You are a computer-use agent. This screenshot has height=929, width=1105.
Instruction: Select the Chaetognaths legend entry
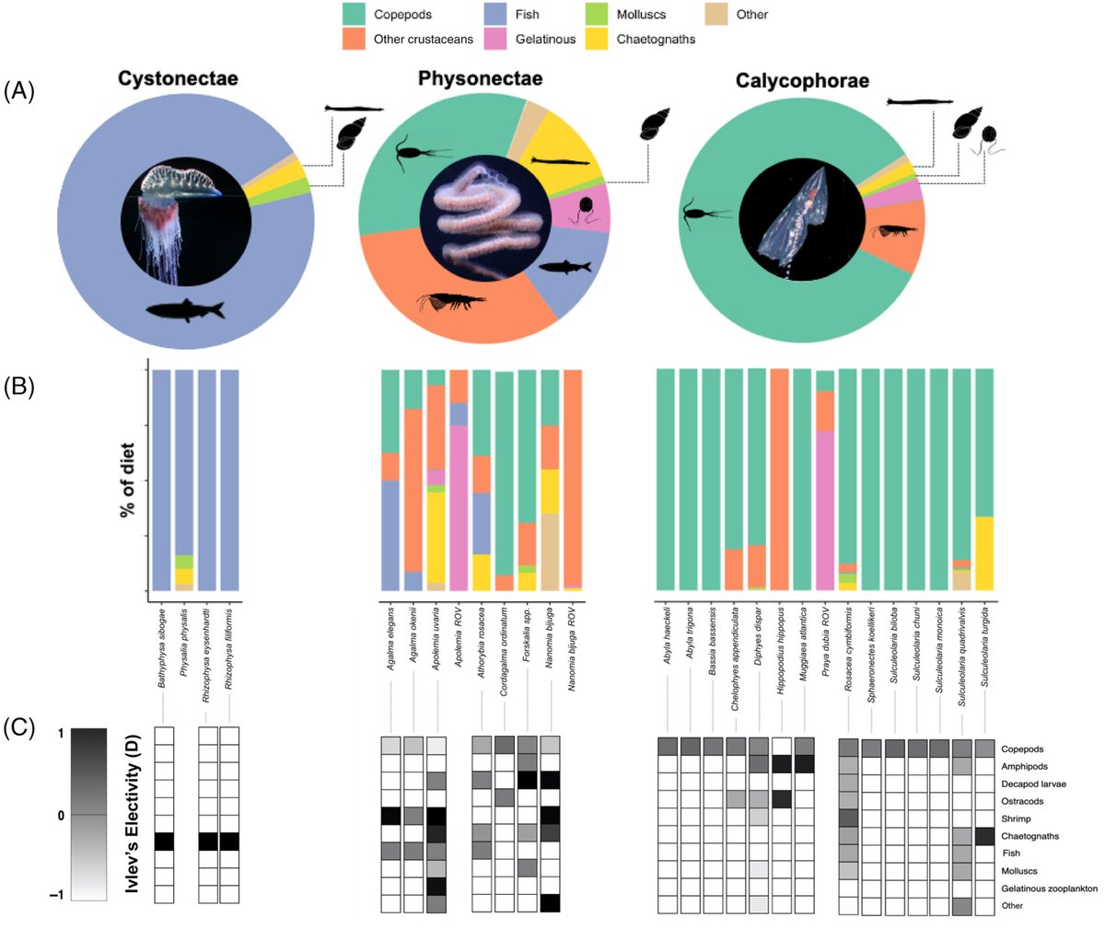pos(656,39)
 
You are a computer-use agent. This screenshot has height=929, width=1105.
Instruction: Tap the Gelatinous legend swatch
pos(495,39)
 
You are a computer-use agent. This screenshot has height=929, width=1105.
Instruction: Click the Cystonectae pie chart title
pos(178,78)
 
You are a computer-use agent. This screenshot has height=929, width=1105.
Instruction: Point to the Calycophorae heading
pos(802,81)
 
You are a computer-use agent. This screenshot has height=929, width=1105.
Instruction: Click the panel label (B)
pos(19,386)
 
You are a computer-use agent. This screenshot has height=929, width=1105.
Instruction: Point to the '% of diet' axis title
pos(127,480)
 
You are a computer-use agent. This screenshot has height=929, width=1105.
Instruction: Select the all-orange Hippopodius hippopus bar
pos(779,479)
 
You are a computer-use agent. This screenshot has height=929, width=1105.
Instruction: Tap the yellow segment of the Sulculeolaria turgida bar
pos(984,552)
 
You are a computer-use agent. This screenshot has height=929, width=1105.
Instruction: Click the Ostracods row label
pos(1022,802)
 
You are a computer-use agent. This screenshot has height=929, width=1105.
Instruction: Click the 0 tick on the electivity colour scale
pos(60,816)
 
